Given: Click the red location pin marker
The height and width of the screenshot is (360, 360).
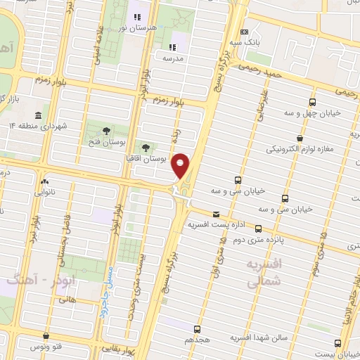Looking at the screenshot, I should point(182,166).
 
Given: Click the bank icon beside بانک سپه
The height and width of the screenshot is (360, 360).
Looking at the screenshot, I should point(245,32).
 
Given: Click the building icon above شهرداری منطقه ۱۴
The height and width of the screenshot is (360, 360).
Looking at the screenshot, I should point(37,115).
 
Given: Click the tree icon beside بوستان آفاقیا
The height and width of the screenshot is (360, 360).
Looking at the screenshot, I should point(146,148).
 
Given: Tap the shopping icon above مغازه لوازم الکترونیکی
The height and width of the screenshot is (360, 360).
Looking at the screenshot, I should point(300,139).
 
